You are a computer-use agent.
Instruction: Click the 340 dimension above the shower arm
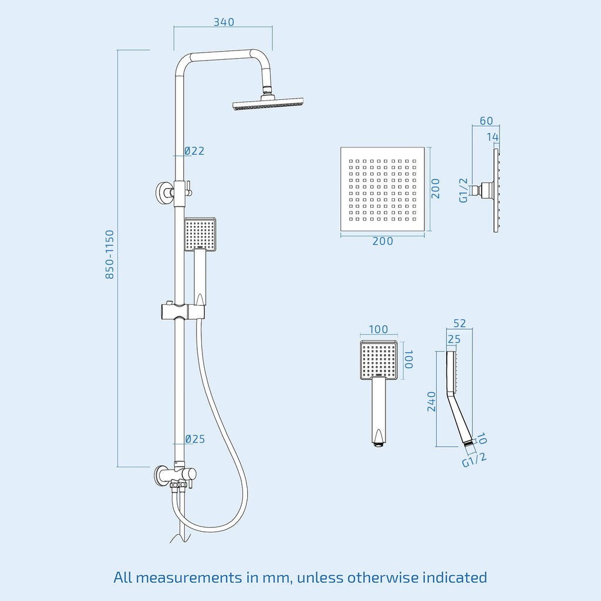(224, 22)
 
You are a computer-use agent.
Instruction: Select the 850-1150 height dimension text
(110, 255)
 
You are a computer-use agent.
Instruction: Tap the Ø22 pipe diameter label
(194, 151)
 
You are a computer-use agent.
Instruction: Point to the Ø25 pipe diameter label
(195, 439)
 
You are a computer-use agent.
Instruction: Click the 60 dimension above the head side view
(487, 121)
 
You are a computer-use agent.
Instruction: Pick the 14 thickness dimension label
(492, 137)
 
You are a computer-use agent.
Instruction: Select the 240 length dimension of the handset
(431, 401)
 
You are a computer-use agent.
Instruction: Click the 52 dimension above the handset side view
(460, 323)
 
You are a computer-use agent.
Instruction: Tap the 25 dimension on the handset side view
(454, 339)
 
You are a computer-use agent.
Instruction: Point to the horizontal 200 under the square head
(383, 241)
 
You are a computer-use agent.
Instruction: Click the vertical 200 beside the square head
(435, 188)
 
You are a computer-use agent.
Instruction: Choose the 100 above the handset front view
(379, 329)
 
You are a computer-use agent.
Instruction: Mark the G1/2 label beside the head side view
(464, 190)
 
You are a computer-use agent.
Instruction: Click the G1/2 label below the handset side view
(474, 459)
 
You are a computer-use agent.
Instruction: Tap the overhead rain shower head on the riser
(268, 103)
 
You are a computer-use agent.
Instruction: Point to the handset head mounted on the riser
(200, 235)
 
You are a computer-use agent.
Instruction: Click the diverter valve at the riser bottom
(175, 475)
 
